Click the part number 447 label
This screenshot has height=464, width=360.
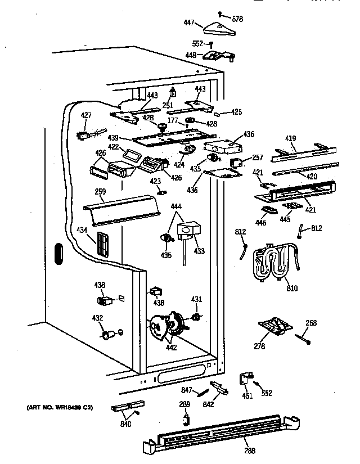coord(189,23)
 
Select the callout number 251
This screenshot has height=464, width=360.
coord(168,106)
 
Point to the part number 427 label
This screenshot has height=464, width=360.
coord(86,115)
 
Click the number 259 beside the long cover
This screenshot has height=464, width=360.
coord(101,192)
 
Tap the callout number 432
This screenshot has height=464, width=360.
coord(97,319)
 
